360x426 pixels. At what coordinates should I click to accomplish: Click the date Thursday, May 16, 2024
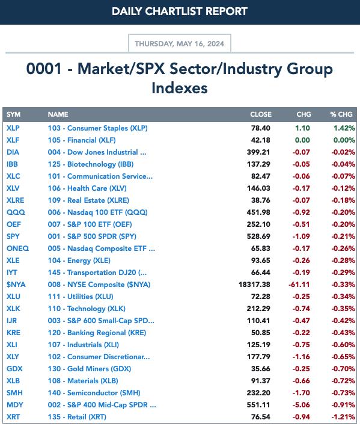click(179, 44)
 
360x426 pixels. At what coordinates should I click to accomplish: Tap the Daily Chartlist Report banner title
click(180, 11)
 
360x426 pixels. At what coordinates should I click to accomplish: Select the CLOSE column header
click(261, 114)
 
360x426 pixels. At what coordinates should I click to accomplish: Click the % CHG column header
click(341, 114)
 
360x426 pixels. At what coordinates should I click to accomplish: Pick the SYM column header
click(13, 114)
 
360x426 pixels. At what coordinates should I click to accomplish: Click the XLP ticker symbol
click(13, 128)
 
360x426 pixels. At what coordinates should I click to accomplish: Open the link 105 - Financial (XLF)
click(82, 140)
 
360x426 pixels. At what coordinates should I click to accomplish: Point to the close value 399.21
click(258, 152)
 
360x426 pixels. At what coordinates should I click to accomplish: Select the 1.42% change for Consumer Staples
click(344, 128)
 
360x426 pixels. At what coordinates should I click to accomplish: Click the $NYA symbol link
click(16, 285)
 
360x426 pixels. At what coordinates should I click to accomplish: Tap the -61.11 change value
click(299, 285)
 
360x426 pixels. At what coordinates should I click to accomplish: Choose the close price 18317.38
click(254, 285)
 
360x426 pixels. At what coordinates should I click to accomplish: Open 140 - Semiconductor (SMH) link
click(94, 393)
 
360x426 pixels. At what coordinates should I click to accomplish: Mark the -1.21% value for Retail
click(343, 417)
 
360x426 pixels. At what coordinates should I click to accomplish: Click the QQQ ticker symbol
click(16, 212)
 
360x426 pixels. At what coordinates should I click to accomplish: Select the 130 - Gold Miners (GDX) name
click(90, 369)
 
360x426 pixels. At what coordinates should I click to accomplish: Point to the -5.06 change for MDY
click(301, 405)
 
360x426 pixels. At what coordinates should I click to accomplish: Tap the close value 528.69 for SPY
click(258, 236)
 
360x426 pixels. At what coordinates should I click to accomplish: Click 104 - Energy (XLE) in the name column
click(79, 261)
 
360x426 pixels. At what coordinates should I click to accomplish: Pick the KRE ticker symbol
click(14, 333)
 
